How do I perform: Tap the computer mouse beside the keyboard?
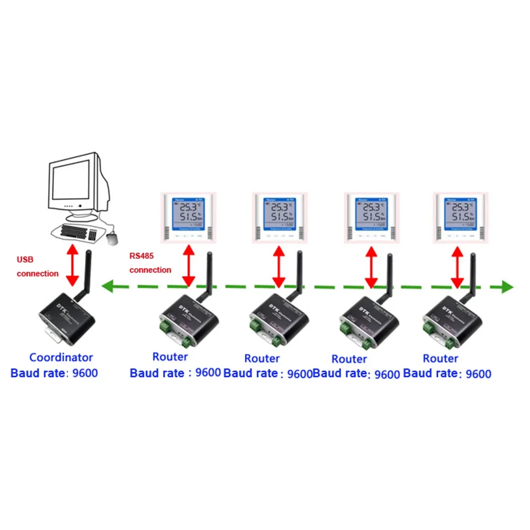[113, 238]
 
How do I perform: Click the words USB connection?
[37, 267]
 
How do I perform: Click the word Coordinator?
[61, 358]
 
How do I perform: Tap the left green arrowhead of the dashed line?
[108, 287]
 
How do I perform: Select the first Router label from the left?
[170, 357]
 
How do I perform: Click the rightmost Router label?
[441, 358]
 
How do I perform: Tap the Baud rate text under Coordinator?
[54, 373]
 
